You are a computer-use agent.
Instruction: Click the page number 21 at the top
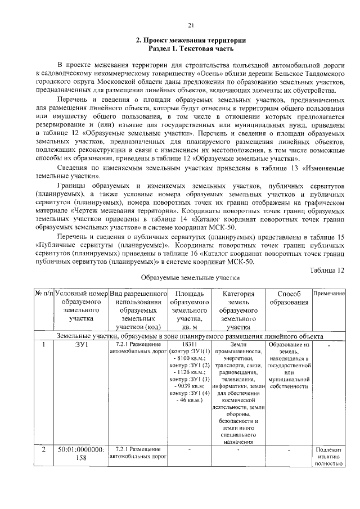[190, 25]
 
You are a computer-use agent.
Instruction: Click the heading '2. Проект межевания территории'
[191, 40]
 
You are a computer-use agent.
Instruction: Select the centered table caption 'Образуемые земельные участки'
[190, 278]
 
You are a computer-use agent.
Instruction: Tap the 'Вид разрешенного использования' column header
[138, 302]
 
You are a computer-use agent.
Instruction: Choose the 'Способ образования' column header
[289, 298]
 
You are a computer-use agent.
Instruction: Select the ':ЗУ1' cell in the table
[82, 345]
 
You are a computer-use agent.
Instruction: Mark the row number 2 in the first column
[44, 450]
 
